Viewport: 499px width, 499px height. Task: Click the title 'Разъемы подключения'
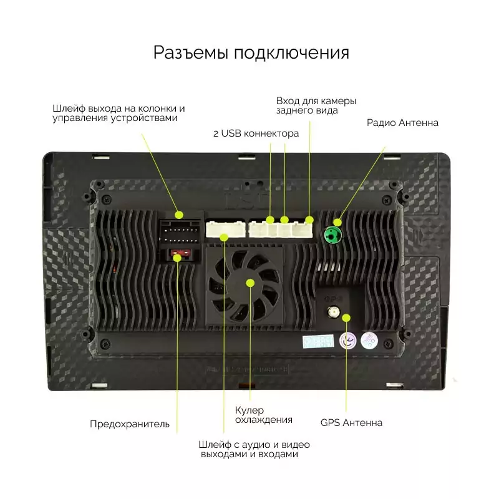[x=251, y=53]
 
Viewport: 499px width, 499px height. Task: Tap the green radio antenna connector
[x=332, y=235]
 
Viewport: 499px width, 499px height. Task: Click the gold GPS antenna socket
[x=333, y=312]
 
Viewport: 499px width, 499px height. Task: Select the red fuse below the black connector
[x=180, y=253]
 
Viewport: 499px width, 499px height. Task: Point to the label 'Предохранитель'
[x=130, y=424]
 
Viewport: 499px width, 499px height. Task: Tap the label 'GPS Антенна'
[x=351, y=423]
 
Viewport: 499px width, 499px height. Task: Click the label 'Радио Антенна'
[x=402, y=122]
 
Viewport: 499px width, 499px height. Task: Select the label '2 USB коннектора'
[x=256, y=133]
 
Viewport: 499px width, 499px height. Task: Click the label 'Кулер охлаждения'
[x=263, y=415]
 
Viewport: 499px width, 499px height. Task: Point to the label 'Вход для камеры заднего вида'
[x=316, y=105]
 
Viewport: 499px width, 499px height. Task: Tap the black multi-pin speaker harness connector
[x=180, y=231]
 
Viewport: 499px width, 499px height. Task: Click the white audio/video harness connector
[x=226, y=229]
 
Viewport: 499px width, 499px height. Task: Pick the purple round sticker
[x=348, y=341]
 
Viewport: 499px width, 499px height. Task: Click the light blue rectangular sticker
[x=318, y=341]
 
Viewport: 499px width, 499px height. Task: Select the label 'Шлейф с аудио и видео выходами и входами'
[x=254, y=449]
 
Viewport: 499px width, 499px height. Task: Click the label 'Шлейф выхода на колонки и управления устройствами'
[x=119, y=113]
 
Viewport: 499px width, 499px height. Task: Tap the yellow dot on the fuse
[x=177, y=258]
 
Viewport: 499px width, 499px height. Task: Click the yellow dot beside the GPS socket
[x=346, y=317]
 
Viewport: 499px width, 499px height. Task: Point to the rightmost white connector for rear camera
[x=303, y=230]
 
